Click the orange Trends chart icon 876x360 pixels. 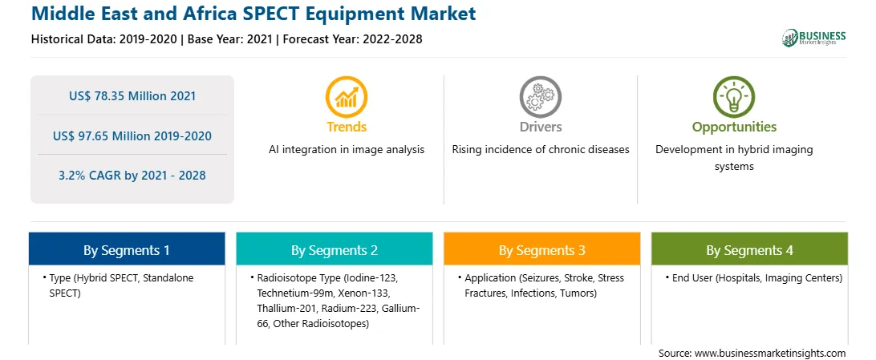[x=347, y=96]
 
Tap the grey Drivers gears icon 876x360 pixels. [x=540, y=96]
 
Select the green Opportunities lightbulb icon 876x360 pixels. [x=734, y=96]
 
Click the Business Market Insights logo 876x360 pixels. [x=814, y=38]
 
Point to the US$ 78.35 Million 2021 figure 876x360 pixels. [x=132, y=96]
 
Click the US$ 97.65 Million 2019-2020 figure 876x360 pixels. [x=132, y=136]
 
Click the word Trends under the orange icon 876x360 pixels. [x=347, y=127]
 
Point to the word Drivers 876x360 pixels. [x=540, y=127]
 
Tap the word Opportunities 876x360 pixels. [x=734, y=127]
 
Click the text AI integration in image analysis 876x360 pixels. [x=347, y=150]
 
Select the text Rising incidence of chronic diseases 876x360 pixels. [x=540, y=150]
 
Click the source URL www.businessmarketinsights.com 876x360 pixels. [x=769, y=354]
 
